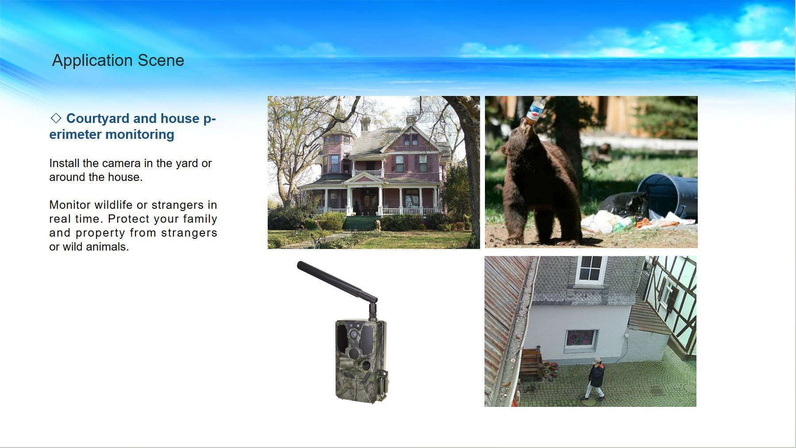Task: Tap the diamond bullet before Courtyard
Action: tap(56, 118)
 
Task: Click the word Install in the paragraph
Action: tap(64, 163)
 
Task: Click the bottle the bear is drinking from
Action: tap(535, 109)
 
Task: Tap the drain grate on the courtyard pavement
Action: tap(657, 390)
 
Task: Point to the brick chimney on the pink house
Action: tap(411, 120)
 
